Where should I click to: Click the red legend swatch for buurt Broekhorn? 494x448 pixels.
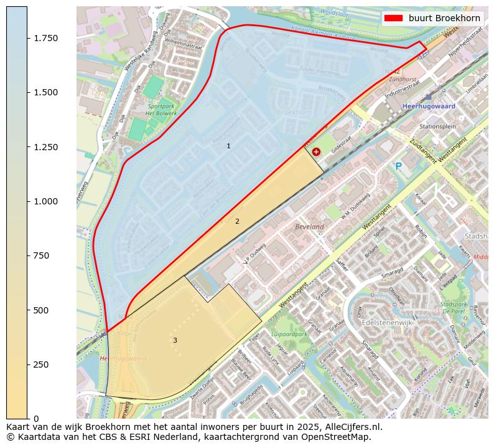[x=394, y=18]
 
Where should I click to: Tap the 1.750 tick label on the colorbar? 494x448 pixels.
[x=45, y=38]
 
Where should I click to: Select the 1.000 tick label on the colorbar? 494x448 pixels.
[x=45, y=201]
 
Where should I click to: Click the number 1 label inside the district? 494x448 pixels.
[x=228, y=146]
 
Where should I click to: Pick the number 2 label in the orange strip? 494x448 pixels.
[x=237, y=221]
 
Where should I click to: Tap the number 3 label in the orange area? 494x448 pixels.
[x=175, y=340]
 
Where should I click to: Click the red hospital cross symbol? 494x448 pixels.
[x=316, y=151]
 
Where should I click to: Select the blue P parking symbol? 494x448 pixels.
[x=398, y=166]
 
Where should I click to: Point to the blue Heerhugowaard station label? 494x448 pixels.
[x=429, y=107]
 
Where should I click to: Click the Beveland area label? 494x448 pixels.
[x=310, y=227]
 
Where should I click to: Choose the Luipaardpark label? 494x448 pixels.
[x=290, y=334]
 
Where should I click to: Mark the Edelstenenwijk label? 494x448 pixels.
[x=386, y=323]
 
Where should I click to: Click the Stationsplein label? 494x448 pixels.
[x=437, y=126]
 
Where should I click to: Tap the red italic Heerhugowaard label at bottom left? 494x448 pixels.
[x=123, y=358]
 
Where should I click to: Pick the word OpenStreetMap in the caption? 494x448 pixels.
[x=340, y=437]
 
